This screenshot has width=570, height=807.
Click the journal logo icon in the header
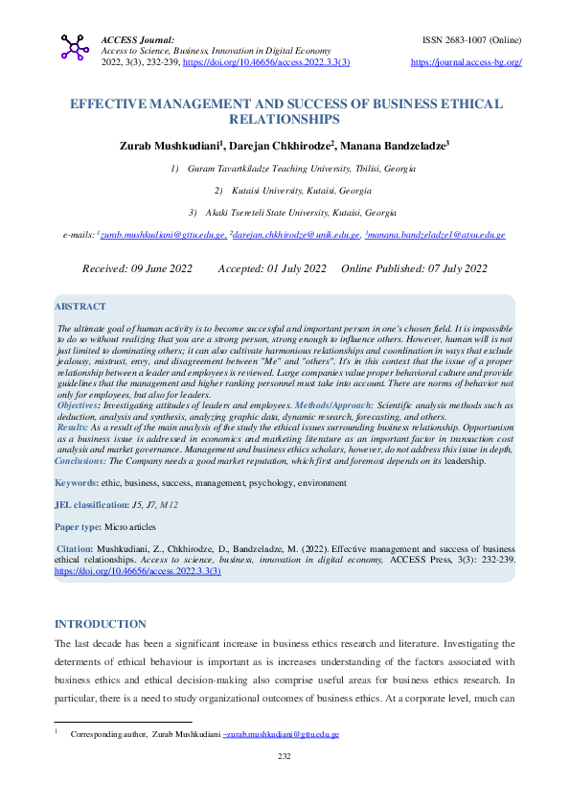[75, 48]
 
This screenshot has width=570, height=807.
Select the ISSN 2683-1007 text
[471, 40]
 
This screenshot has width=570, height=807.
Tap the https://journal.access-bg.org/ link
[466, 62]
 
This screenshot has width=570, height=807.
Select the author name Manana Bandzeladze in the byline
[395, 145]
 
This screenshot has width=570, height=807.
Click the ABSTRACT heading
[80, 306]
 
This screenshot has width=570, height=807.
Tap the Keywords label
[77, 483]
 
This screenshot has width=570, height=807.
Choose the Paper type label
[80, 526]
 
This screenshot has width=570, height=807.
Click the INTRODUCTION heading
[101, 624]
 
